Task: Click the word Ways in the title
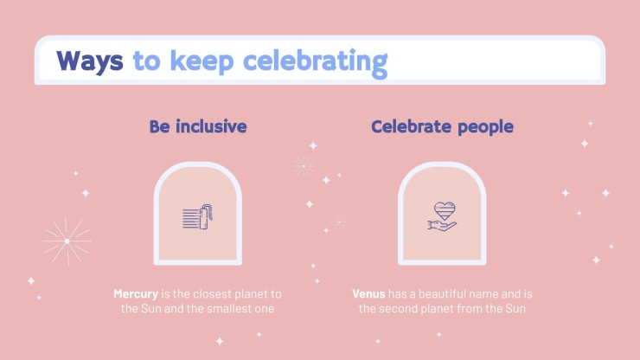(x=90, y=61)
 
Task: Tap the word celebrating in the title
(x=315, y=63)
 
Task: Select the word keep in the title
(x=202, y=62)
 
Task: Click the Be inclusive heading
(x=198, y=126)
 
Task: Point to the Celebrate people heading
(x=443, y=127)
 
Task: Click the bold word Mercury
(x=136, y=294)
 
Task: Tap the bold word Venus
(x=368, y=294)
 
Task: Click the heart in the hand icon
(x=445, y=210)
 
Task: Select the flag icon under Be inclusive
(x=197, y=217)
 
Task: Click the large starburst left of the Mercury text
(x=67, y=241)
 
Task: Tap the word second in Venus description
(x=397, y=309)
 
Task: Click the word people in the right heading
(x=486, y=127)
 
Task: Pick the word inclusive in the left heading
(x=211, y=126)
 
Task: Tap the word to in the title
(x=146, y=61)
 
